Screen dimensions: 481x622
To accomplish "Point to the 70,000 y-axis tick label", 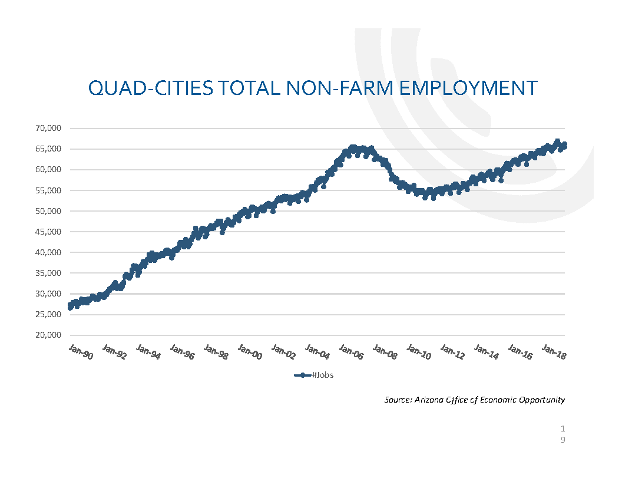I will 49,129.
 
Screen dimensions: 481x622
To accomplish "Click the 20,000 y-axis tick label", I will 49,335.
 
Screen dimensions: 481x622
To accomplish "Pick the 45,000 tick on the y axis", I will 49,232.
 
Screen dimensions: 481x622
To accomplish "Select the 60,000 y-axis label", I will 49,170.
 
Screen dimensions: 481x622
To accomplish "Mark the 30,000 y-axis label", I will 49,294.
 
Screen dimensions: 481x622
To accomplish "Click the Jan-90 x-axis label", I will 81,352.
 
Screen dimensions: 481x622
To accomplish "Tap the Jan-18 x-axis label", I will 554,352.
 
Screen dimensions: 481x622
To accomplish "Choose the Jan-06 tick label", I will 352,352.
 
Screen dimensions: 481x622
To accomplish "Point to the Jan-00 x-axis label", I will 250,352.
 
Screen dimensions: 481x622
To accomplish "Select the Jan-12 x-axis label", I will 453,352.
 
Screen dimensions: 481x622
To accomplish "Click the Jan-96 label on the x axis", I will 182,352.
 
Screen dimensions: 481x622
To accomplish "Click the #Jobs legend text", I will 322,375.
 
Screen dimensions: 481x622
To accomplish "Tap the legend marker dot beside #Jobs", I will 302,375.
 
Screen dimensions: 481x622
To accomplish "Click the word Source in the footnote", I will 396,400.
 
